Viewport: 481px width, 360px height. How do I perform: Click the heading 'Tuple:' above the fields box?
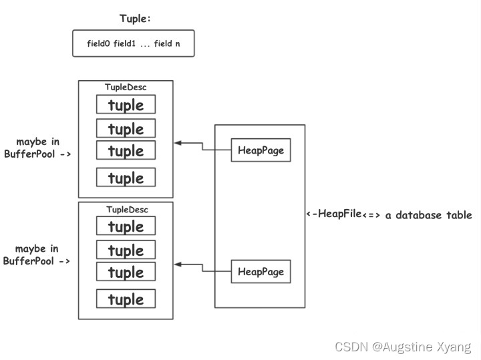pos(135,19)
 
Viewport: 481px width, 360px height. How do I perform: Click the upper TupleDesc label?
pos(126,87)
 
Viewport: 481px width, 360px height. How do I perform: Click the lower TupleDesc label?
pos(126,209)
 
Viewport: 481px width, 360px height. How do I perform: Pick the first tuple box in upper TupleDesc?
pos(126,105)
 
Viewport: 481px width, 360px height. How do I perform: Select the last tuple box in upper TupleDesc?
pos(126,178)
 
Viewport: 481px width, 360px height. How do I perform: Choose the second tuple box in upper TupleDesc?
pos(126,128)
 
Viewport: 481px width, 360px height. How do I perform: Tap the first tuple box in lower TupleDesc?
pos(126,226)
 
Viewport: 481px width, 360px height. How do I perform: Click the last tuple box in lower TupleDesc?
pos(126,299)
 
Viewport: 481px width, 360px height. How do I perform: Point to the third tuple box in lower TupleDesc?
pos(126,272)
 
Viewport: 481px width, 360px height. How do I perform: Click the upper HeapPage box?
pos(261,150)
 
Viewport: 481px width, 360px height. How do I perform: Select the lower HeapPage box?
pos(261,272)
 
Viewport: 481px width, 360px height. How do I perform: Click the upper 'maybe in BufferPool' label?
pos(37,148)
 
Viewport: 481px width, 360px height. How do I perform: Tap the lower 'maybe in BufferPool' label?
pos(37,255)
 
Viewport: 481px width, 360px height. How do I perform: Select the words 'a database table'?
pos(429,215)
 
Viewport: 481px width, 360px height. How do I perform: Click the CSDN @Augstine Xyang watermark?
pos(403,347)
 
